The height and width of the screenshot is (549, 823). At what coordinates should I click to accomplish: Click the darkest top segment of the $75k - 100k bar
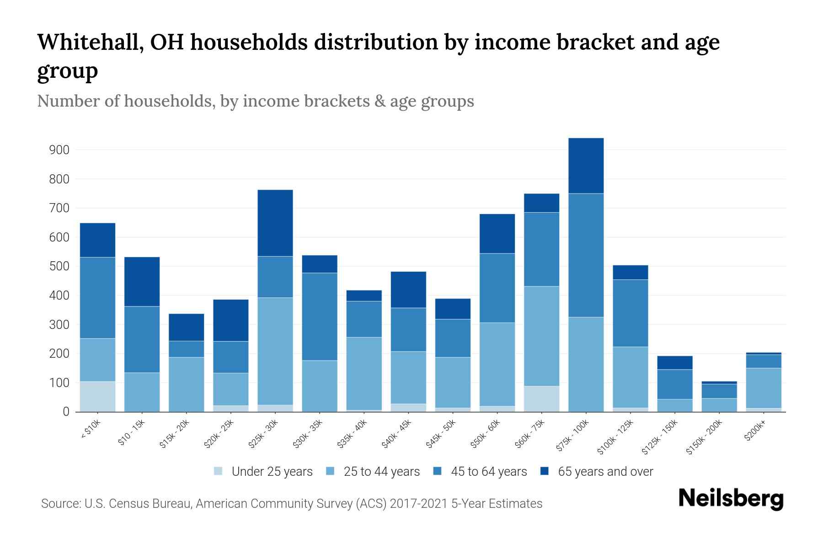[x=586, y=166]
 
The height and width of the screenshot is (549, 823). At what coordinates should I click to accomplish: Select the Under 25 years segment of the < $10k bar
[x=97, y=396]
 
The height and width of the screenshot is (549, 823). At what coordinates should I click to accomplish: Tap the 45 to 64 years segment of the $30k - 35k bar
[x=320, y=317]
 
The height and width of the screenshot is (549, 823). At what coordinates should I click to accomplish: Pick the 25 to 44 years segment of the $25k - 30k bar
[x=275, y=351]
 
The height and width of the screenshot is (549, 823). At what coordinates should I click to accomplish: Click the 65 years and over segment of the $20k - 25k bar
[x=231, y=320]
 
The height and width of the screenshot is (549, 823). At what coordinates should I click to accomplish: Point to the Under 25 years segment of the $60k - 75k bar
[x=541, y=398]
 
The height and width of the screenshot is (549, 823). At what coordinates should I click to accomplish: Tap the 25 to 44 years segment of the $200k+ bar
[x=763, y=388]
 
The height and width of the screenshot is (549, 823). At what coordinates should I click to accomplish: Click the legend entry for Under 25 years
[x=272, y=472]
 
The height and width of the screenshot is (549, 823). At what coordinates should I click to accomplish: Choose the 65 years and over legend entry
[x=605, y=472]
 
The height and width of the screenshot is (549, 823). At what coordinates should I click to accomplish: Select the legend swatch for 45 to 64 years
[x=437, y=471]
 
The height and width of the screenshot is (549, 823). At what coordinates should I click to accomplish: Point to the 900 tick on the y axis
[x=59, y=150]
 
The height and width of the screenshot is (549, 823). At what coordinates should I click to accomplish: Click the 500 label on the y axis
[x=59, y=266]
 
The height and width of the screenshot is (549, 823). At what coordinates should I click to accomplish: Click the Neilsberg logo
[x=731, y=499]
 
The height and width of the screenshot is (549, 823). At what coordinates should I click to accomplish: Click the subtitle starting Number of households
[x=255, y=101]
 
